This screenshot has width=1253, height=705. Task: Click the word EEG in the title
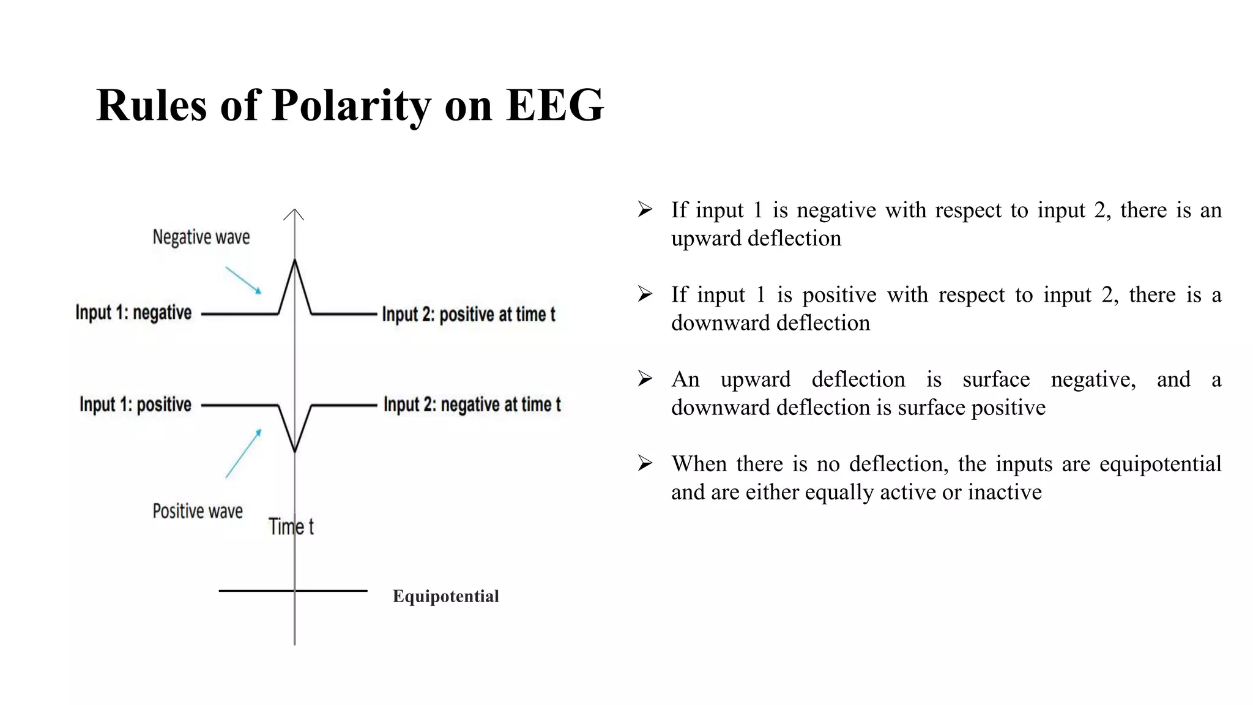pyautogui.click(x=555, y=105)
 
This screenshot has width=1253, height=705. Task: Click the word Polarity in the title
pyautogui.click(x=351, y=105)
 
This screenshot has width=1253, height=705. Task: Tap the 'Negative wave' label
pyautogui.click(x=201, y=237)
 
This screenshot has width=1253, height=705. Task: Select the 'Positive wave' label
pyautogui.click(x=198, y=511)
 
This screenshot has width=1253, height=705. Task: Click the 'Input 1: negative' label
pyautogui.click(x=133, y=313)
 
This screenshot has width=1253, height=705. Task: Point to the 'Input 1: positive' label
pyautogui.click(x=135, y=405)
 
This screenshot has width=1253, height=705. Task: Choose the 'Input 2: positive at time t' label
pyautogui.click(x=469, y=315)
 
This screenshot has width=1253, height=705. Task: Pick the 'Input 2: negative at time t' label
pyautogui.click(x=472, y=405)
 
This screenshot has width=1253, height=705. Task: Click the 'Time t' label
pyautogui.click(x=291, y=526)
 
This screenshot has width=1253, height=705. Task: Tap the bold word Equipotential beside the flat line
pyautogui.click(x=445, y=596)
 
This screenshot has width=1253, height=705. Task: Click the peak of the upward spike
pyautogui.click(x=295, y=261)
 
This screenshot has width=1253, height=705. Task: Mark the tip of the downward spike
pyautogui.click(x=295, y=451)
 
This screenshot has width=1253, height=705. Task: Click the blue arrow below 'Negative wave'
pyautogui.click(x=244, y=280)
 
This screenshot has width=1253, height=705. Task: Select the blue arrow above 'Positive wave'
pyautogui.click(x=244, y=453)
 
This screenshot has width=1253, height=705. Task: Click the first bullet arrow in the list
pyautogui.click(x=645, y=210)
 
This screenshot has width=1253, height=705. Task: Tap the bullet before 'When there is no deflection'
pyautogui.click(x=645, y=464)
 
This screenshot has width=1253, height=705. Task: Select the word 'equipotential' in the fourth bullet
pyautogui.click(x=1160, y=464)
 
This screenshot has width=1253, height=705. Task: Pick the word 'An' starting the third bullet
pyautogui.click(x=685, y=379)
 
